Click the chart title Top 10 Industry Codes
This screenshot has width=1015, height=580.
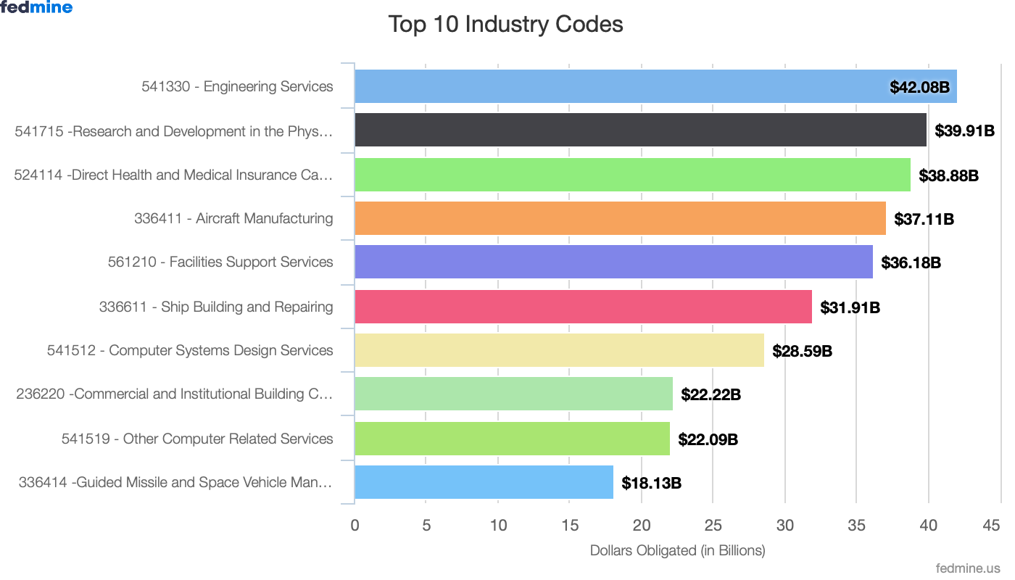pos(505,24)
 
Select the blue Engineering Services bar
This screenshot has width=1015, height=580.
pos(616,86)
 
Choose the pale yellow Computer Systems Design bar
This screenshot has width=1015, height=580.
pos(559,350)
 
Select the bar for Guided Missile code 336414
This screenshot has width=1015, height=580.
pos(484,482)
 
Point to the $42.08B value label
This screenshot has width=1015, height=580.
pos(919,87)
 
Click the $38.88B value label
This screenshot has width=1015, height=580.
pos(948,175)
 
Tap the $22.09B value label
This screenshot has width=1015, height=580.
pos(708,439)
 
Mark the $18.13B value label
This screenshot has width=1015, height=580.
pos(651,483)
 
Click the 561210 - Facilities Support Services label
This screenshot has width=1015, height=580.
pos(220,262)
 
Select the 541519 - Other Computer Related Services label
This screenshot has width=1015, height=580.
pos(197,439)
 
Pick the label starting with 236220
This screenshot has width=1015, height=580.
pos(174,394)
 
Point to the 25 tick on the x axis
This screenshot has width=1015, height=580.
pos(713,526)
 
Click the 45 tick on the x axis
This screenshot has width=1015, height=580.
pos(992,526)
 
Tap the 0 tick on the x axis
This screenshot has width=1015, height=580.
pos(355,526)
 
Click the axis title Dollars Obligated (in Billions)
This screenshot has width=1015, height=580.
pos(677,550)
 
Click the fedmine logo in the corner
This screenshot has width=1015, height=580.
pos(36,8)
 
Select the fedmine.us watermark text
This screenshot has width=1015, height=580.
pos(968,568)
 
